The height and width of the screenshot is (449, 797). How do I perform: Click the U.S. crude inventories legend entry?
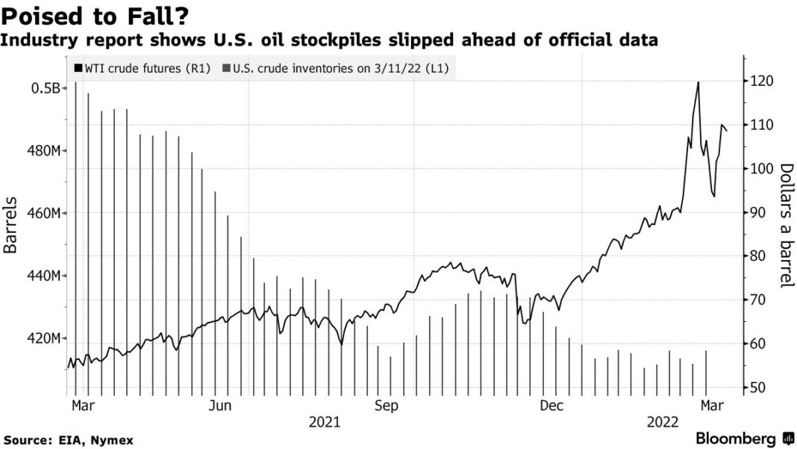pyautogui.click(x=339, y=69)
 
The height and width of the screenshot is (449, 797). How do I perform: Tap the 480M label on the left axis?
pyautogui.click(x=42, y=151)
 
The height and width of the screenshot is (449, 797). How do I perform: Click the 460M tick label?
pyautogui.click(x=42, y=214)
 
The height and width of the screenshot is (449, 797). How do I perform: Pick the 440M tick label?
pyautogui.click(x=42, y=276)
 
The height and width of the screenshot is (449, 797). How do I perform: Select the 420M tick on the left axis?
pyautogui.click(x=42, y=339)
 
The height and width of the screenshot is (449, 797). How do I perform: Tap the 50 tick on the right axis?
pyautogui.click(x=757, y=388)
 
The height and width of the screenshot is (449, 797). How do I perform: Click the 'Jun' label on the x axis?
pyautogui.click(x=219, y=406)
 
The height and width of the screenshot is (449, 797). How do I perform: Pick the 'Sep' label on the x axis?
pyautogui.click(x=386, y=406)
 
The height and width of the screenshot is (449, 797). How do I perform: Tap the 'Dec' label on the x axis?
pyautogui.click(x=551, y=406)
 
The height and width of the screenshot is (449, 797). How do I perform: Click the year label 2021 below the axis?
pyautogui.click(x=325, y=423)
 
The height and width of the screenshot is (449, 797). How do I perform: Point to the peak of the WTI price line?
pyautogui.click(x=698, y=82)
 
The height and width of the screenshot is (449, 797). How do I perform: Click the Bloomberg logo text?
pyautogui.click(x=735, y=439)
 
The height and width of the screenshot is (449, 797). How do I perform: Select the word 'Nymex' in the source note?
pyautogui.click(x=114, y=441)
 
